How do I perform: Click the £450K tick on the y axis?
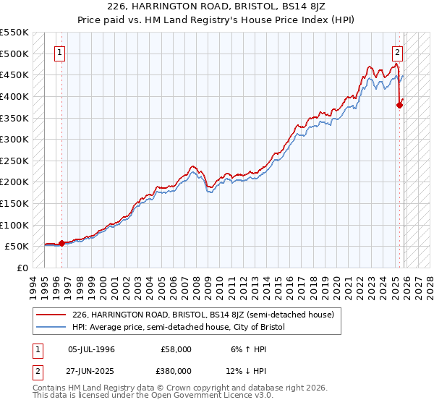14,75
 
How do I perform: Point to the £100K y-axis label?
14,225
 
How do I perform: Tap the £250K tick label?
14,161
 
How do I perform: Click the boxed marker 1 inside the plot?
59,52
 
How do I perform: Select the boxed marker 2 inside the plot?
398,52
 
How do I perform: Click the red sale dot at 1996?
61,243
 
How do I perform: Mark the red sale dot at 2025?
400,105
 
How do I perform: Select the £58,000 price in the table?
176,349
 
